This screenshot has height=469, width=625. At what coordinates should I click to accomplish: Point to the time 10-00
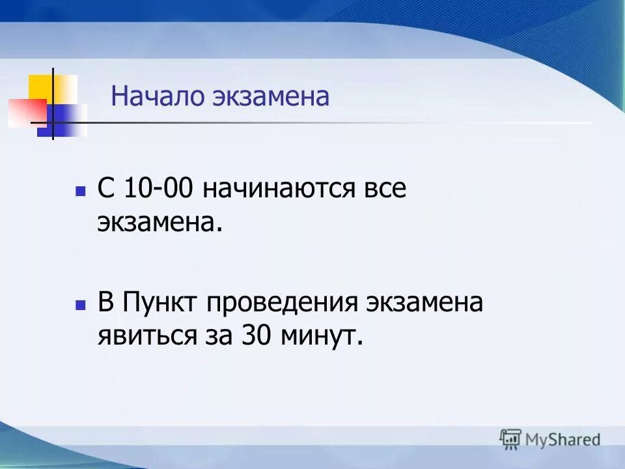(159, 189)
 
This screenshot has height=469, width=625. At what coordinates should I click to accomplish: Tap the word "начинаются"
(279, 189)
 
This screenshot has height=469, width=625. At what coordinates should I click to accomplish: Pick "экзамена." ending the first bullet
(160, 223)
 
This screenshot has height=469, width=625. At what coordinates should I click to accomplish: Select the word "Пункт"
(164, 302)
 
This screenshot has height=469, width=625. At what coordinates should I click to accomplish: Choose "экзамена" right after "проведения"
(424, 302)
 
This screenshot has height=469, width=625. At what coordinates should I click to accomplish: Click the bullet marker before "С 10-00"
(81, 192)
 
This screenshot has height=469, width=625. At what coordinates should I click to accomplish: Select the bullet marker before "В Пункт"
(81, 305)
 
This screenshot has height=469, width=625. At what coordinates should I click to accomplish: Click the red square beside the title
(26, 113)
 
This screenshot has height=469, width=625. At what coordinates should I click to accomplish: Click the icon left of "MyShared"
(510, 439)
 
